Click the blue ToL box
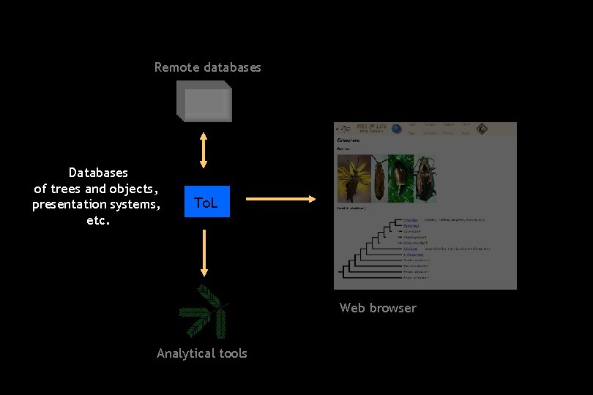click(206, 201)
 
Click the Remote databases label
click(207, 67)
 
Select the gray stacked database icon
click(204, 101)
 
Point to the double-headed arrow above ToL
click(204, 151)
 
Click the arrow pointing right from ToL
click(280, 198)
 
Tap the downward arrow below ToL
click(204, 252)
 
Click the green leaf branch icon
click(204, 311)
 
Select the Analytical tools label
click(202, 353)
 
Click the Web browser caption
click(378, 308)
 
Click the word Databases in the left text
click(98, 173)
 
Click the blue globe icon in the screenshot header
click(396, 129)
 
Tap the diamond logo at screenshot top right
click(482, 129)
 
